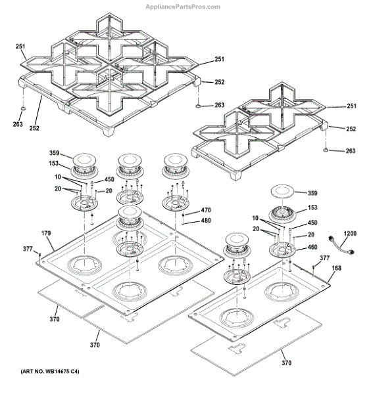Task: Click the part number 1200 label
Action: (350, 233)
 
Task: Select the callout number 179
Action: (46, 233)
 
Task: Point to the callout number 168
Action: (337, 268)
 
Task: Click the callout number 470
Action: (206, 210)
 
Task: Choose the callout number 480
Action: (206, 221)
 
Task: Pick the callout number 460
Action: (312, 247)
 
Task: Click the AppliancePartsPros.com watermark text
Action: (183, 7)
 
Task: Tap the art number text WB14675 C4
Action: (50, 371)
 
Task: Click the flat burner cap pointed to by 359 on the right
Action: (282, 192)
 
